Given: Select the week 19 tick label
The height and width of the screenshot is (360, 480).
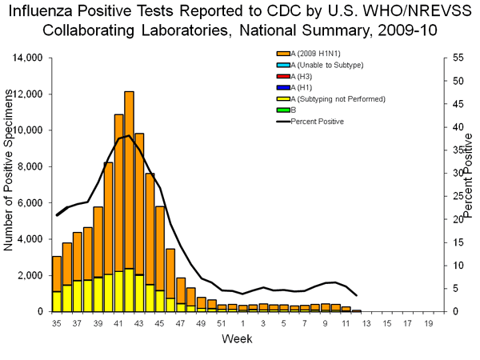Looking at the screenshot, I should click(428, 323).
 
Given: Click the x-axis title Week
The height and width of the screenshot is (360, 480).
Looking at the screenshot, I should click(239, 338).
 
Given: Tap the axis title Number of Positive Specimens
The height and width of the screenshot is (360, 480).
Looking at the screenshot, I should click(10, 185).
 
